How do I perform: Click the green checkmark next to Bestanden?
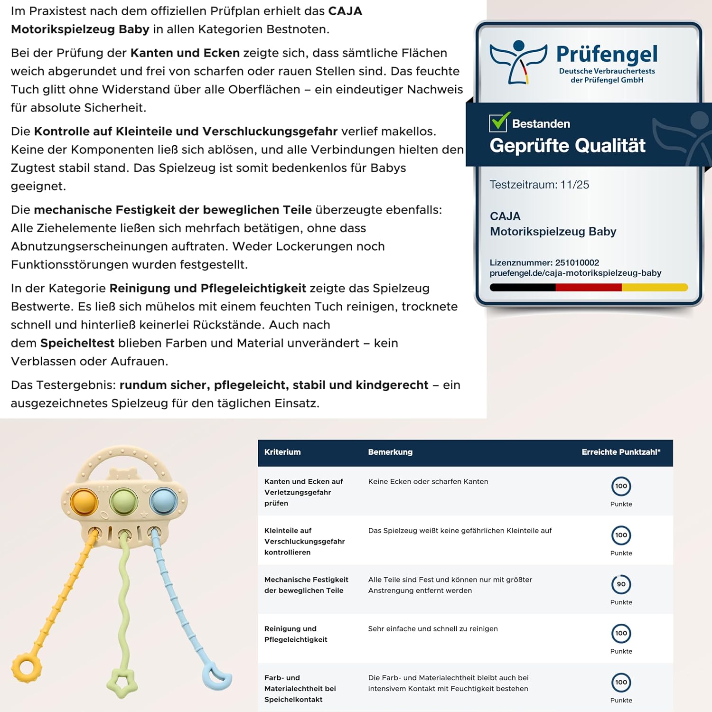500,122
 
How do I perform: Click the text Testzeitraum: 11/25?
539,185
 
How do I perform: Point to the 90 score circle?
621,584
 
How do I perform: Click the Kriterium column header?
282,452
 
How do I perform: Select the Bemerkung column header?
390,452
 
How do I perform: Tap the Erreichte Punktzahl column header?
621,452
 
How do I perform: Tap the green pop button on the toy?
124,501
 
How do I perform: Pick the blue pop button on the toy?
163,501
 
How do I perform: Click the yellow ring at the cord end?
27,668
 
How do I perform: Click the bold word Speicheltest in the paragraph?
77,343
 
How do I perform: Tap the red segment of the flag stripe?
589,287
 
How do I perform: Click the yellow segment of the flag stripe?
655,287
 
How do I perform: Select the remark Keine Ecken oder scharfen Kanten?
428,481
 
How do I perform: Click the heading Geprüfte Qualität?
567,145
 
